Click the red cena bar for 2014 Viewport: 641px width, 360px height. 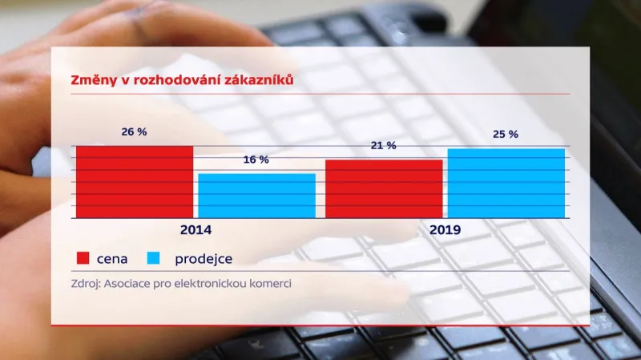135,182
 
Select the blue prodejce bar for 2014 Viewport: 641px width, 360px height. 256,196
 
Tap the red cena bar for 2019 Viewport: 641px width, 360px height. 384,188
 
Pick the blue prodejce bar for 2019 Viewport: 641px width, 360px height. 506,183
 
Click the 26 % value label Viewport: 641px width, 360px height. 135,131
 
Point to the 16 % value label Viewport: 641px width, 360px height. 256,160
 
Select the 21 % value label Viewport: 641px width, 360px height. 384,146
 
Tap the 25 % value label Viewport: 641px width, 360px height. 506,134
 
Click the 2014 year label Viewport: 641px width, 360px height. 196,229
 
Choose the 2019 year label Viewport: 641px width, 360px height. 445,229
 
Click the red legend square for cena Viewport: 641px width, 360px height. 82,259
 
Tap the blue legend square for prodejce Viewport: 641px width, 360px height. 155,259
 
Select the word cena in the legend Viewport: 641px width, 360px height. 112,259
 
